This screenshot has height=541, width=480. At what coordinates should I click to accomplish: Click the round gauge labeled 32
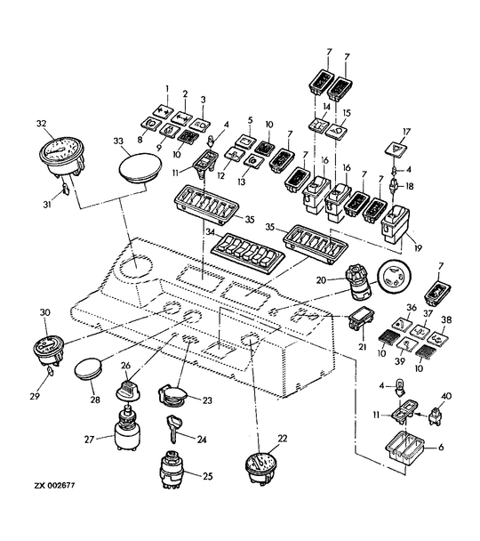click(x=61, y=157)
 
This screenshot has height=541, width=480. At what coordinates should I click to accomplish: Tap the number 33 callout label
click(x=118, y=141)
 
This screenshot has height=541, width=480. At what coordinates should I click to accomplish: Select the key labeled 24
click(x=173, y=427)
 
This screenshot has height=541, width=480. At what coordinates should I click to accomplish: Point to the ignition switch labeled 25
click(x=172, y=469)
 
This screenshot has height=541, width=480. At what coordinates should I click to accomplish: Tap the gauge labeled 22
click(x=261, y=467)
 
